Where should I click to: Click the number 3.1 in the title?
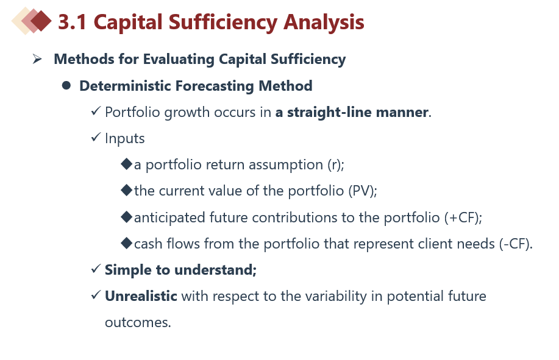point(73,22)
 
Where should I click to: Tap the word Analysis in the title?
point(324,23)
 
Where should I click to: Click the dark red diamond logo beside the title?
point(41,21)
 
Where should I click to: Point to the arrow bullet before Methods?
point(37,58)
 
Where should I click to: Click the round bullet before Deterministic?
point(66,85)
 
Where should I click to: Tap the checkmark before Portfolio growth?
point(96,111)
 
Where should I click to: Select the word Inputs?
point(125,138)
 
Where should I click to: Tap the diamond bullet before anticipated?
point(127,217)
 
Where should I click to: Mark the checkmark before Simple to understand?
point(96,269)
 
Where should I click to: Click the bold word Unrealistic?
point(141,296)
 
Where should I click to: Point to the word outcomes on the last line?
point(138,323)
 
